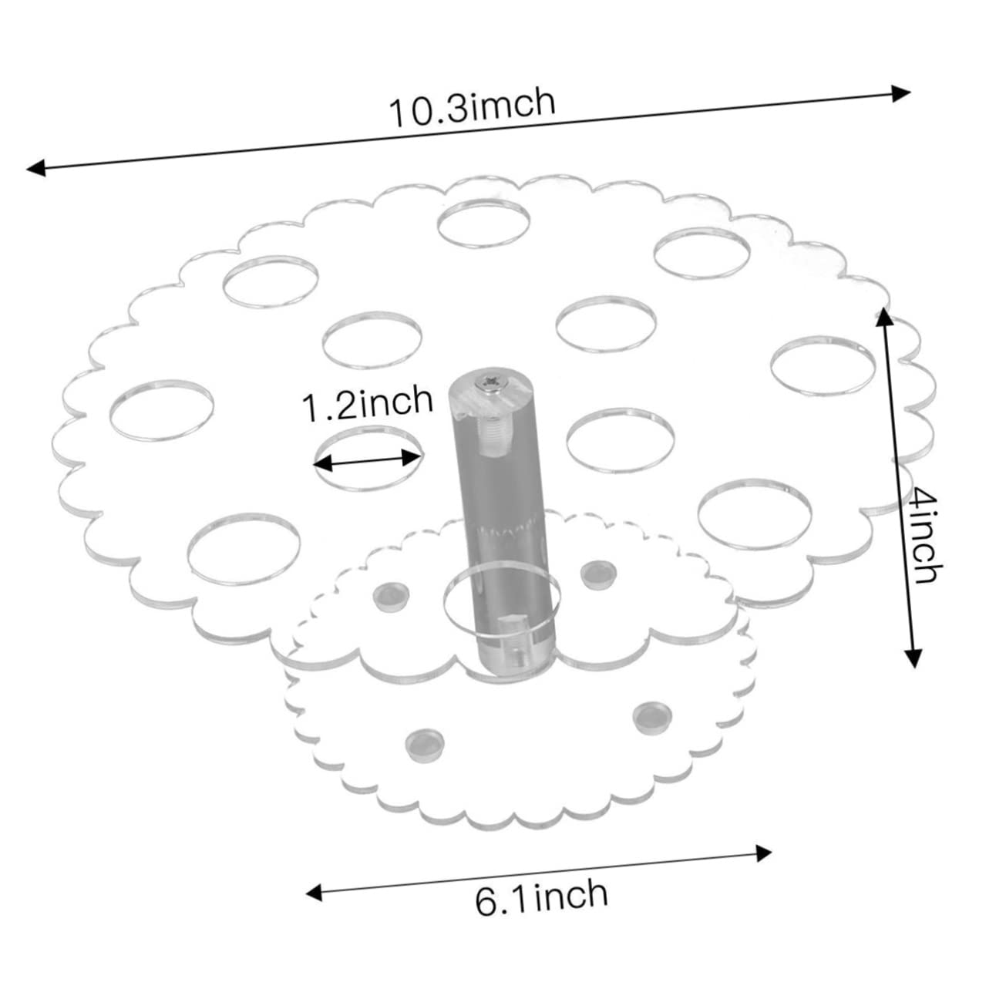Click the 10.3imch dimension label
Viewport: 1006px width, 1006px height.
click(x=471, y=109)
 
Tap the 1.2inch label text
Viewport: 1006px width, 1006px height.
click(x=367, y=403)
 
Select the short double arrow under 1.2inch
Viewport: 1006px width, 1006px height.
click(x=368, y=462)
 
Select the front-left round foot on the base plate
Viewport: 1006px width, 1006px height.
click(x=423, y=742)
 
